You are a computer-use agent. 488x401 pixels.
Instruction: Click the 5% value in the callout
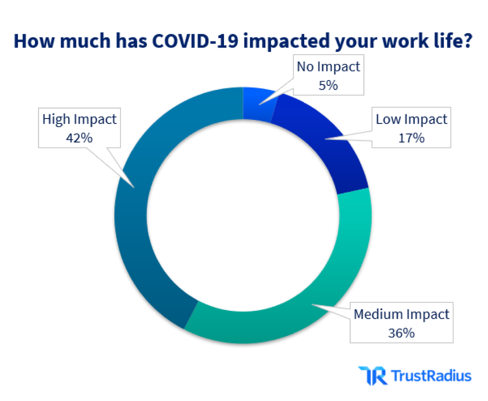(x=328, y=85)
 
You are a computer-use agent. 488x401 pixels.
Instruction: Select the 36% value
(x=401, y=332)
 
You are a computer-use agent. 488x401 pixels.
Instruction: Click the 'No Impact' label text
(x=328, y=67)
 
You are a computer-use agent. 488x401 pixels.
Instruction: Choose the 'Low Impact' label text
(x=411, y=120)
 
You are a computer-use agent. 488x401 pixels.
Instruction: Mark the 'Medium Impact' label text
(x=402, y=315)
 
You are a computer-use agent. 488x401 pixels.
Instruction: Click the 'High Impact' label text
(x=79, y=120)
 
